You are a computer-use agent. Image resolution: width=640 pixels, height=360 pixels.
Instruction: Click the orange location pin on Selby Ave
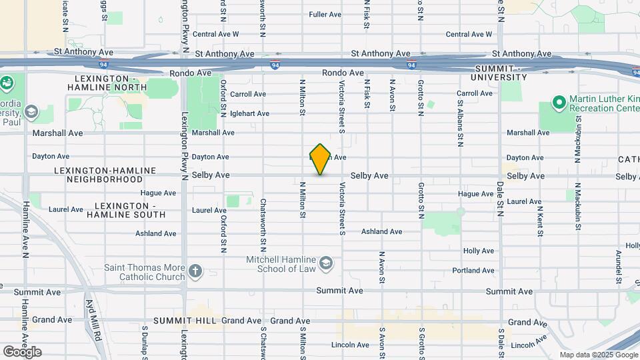[x=320, y=159]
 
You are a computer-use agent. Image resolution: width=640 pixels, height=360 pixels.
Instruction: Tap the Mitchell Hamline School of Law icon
[x=325, y=263]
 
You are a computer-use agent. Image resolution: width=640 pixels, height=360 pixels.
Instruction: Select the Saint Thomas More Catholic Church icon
[x=195, y=271]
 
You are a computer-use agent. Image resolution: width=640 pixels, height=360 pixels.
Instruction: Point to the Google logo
[x=22, y=351]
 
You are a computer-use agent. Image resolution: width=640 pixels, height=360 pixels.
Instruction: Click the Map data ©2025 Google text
[x=599, y=355]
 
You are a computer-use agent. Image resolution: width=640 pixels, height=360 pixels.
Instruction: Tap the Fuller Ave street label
[x=325, y=14]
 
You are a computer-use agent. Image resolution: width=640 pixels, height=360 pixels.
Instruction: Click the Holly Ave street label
[x=479, y=251]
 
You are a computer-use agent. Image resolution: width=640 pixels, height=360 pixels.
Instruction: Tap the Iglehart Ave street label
[x=249, y=113]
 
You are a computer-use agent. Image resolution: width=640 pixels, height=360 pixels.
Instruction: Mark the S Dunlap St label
[x=144, y=342]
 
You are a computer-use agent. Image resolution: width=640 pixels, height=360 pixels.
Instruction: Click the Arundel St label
[x=619, y=262]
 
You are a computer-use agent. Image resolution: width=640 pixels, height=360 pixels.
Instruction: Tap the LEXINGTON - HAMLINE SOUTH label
[x=130, y=210]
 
